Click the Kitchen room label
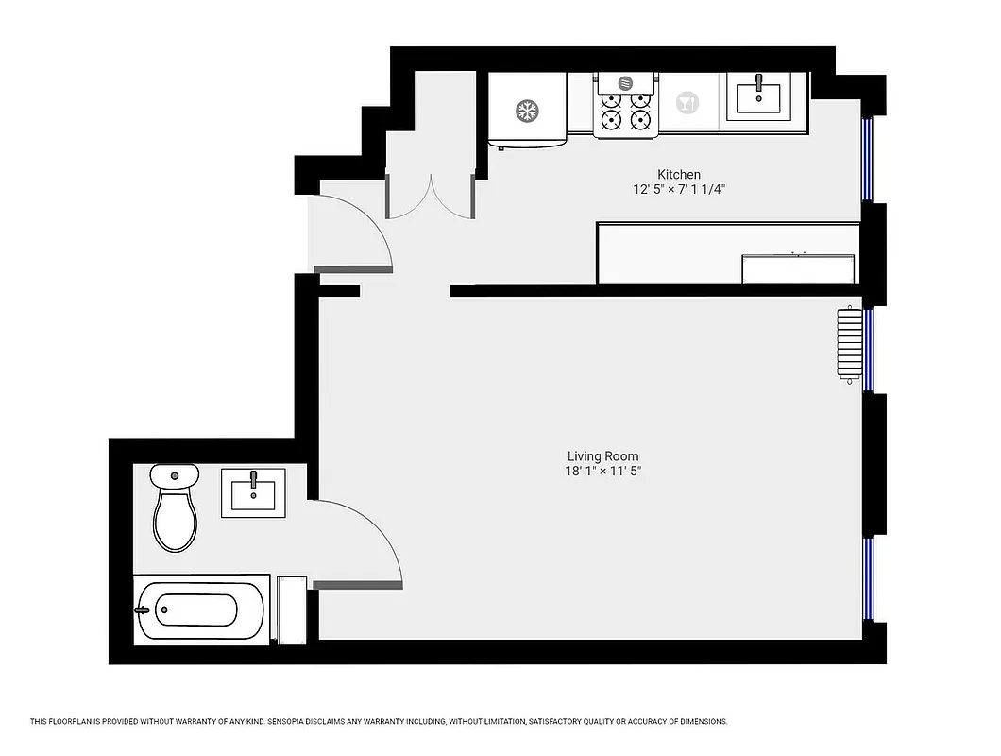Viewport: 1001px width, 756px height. coord(679,174)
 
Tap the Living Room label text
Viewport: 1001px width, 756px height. coord(602,456)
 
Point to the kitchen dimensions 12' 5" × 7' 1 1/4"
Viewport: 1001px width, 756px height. coord(679,189)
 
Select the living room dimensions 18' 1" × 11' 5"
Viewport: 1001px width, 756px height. coord(602,472)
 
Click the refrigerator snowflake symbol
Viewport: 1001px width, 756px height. coord(526,112)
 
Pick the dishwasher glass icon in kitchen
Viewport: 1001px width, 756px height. coord(687,102)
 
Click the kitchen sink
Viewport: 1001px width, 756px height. coord(758,96)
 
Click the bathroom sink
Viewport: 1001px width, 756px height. coord(253,492)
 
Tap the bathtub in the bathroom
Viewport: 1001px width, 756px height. coord(199,610)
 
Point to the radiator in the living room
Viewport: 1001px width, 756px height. coord(850,345)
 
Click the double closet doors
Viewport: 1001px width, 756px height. coord(430,197)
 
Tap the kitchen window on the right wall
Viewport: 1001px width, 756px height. coord(869,159)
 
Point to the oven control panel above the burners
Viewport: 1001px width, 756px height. coord(625,83)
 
